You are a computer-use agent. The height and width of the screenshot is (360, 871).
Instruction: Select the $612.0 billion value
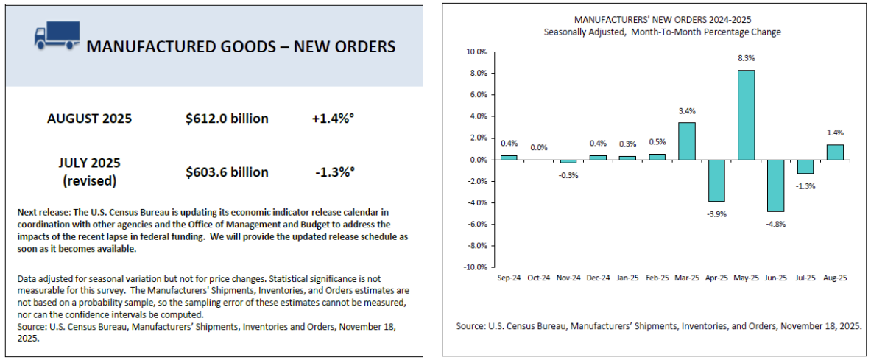coord(227,119)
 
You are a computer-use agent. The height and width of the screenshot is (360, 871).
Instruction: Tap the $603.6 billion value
coord(227,172)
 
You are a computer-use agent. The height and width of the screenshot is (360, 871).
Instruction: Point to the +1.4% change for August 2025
coord(333,119)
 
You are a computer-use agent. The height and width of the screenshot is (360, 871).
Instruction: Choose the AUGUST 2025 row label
coord(90,119)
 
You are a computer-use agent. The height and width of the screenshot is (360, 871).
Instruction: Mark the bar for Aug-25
coord(835,152)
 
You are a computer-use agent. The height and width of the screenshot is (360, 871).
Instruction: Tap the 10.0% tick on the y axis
coord(476,52)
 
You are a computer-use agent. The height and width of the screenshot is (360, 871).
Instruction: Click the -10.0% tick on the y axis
coord(474,267)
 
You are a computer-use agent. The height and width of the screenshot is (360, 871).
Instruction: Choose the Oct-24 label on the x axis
coord(540,278)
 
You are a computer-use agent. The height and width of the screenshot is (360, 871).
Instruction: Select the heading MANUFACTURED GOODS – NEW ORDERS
coord(241,46)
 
